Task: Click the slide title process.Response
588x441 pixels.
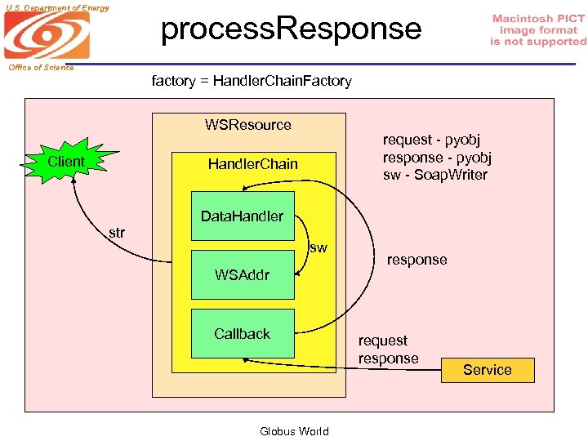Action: [x=291, y=29]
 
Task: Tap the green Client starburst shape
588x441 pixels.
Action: [x=66, y=163]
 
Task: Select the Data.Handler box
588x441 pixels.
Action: [x=242, y=216]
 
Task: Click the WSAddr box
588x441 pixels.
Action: [x=242, y=275]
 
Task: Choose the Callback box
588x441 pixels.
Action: [x=242, y=334]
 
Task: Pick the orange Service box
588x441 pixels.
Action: [x=487, y=370]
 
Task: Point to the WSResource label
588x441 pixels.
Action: [x=247, y=125]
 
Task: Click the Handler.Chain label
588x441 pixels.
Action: [x=252, y=164]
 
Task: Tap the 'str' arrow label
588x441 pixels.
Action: [x=117, y=233]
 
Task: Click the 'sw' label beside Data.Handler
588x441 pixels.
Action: [x=318, y=247]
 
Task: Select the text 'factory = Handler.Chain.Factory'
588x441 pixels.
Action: [x=252, y=81]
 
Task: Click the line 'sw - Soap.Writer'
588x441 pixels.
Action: [x=434, y=175]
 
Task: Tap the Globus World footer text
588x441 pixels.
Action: [x=294, y=431]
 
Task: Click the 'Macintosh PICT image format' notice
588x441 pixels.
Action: [x=538, y=30]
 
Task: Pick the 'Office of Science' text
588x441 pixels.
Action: [x=42, y=68]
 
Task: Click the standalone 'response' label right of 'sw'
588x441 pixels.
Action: [x=416, y=260]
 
